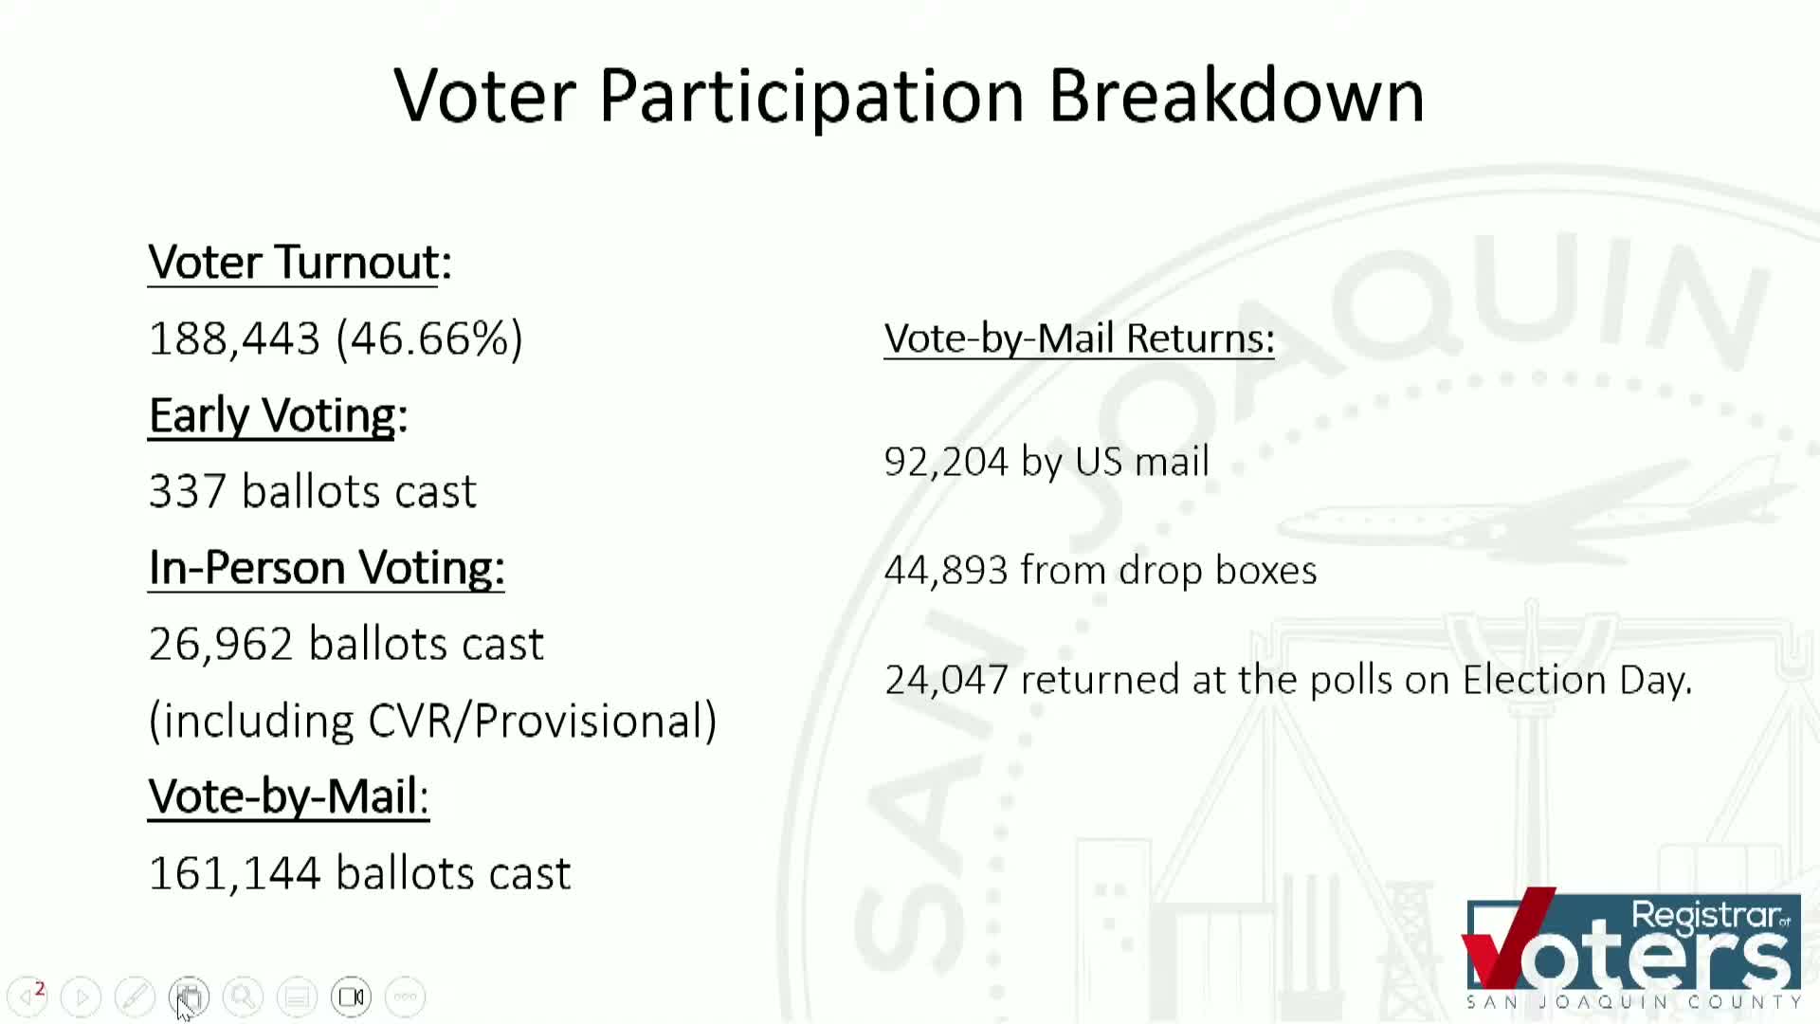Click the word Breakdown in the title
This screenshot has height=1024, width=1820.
click(x=1236, y=97)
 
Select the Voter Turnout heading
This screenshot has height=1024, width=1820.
click(x=300, y=263)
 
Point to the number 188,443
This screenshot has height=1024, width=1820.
click(x=234, y=339)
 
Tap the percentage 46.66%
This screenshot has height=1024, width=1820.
click(x=429, y=339)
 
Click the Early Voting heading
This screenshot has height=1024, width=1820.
click(x=278, y=415)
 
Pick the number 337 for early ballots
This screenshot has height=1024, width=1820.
click(x=187, y=492)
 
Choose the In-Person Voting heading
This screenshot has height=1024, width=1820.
click(x=326, y=568)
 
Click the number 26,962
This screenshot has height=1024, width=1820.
click(x=221, y=645)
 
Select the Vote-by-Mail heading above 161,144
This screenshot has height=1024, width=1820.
click(x=288, y=796)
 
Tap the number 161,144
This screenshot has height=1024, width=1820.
click(x=234, y=873)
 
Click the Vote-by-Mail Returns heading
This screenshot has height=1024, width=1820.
click(x=1079, y=338)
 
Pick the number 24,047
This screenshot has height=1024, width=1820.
click(x=945, y=680)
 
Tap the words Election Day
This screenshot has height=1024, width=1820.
click(x=1576, y=680)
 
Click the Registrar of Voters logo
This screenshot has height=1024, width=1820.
click(x=1632, y=948)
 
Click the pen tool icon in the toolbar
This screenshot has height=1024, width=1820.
click(x=135, y=997)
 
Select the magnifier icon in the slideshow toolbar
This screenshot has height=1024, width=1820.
click(x=243, y=997)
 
